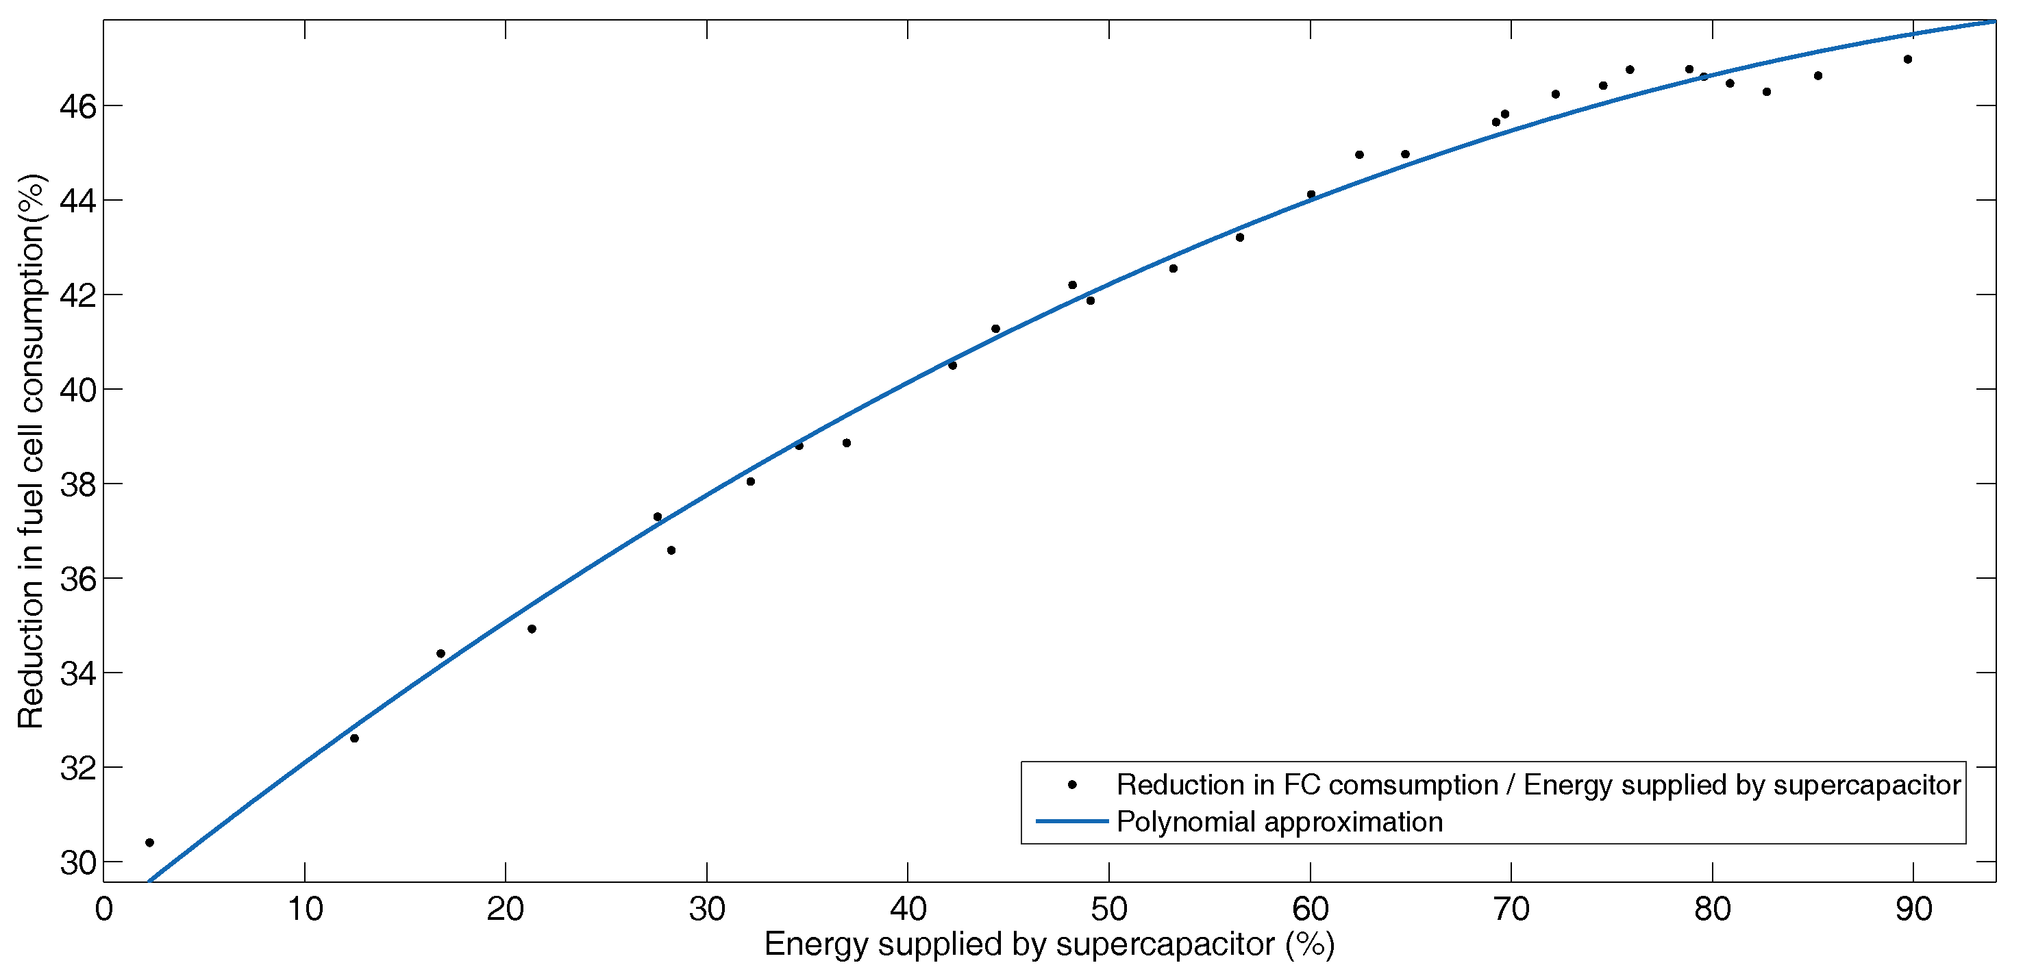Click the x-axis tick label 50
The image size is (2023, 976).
1108,910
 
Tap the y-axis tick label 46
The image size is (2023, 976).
79,106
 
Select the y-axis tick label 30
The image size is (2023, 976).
79,863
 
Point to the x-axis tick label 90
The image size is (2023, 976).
1913,910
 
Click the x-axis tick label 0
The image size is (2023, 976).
103,910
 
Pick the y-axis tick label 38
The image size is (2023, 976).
79,485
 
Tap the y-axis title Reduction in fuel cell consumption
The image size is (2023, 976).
32,451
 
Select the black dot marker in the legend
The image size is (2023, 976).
1072,784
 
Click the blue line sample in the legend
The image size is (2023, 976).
1072,821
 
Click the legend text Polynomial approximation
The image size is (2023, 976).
1279,821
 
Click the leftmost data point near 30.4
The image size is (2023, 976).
150,842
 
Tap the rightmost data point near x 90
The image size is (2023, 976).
1907,60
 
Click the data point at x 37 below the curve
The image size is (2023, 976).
847,443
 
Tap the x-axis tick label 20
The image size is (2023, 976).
505,910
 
